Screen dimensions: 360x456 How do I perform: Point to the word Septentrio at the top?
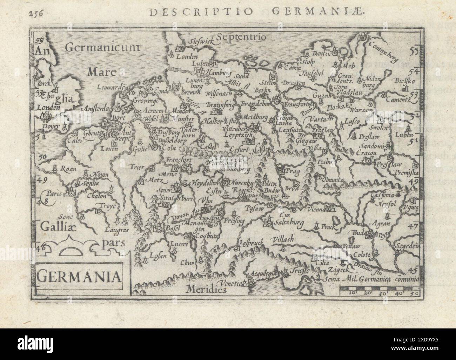[x=242, y=36]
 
